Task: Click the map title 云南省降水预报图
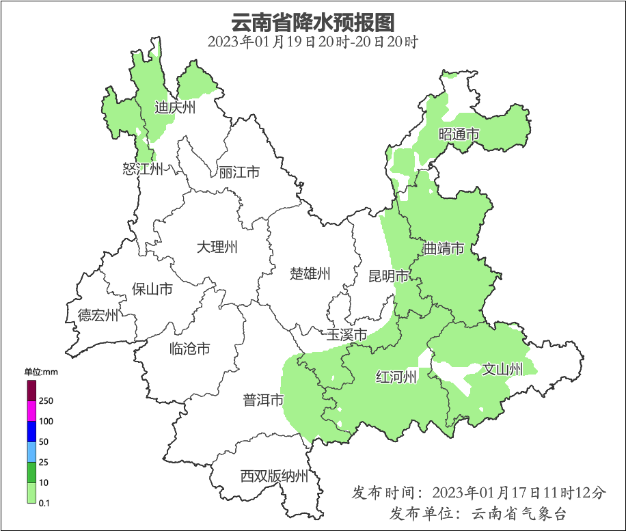coord(313,22)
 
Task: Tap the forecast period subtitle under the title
coord(313,42)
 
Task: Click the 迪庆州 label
coord(175,107)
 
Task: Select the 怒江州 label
coord(143,169)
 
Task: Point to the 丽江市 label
coord(239,172)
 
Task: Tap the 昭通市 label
coord(459,135)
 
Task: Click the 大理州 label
coord(217,247)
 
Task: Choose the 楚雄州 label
coord(310,274)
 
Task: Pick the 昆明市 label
coord(389,276)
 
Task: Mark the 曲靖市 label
coord(444,248)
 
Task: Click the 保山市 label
coord(152,289)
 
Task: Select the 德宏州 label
coord(98,315)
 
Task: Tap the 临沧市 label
coord(189,349)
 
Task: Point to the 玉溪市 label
coord(346,335)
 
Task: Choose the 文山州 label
coord(502,370)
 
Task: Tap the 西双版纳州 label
coord(274,476)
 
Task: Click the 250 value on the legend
coord(46,400)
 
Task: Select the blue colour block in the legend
coord(31,431)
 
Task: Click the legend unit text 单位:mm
coord(41,372)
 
